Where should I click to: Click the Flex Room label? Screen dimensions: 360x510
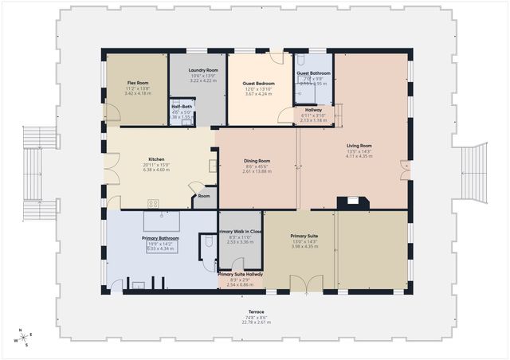138,83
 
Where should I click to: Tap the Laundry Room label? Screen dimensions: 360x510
198,70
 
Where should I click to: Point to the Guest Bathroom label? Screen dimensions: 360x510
314,73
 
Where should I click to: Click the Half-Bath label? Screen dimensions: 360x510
182,107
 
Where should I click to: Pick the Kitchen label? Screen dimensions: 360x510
156,158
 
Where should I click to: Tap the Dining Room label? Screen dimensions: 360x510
257,161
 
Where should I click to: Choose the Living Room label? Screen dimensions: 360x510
359,146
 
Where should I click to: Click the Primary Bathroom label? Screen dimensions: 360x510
160,238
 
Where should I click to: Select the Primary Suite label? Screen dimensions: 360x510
304,237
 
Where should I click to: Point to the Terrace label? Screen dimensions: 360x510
256,311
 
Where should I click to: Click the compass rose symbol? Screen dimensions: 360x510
25,338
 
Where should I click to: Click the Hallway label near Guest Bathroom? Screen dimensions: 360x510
313,110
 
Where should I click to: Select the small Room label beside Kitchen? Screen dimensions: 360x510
204,195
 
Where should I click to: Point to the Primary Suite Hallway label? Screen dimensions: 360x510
240,274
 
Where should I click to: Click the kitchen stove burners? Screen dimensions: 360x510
154,202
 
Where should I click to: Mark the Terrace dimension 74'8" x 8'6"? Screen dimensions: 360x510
256,323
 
